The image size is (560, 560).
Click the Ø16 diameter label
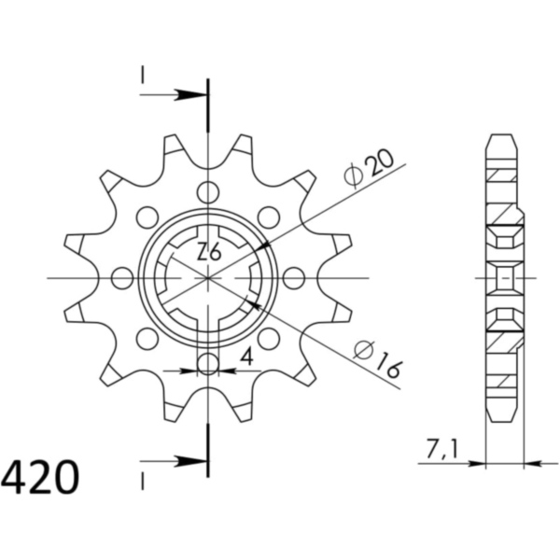tap(378, 359)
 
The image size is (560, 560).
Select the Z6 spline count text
tap(210, 252)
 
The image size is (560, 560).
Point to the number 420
tap(40, 478)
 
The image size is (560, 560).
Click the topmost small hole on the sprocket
tap(208, 192)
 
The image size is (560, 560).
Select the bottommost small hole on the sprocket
tap(208, 364)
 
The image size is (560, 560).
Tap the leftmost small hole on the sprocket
tap(122, 278)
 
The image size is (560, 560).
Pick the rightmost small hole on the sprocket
tap(294, 278)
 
